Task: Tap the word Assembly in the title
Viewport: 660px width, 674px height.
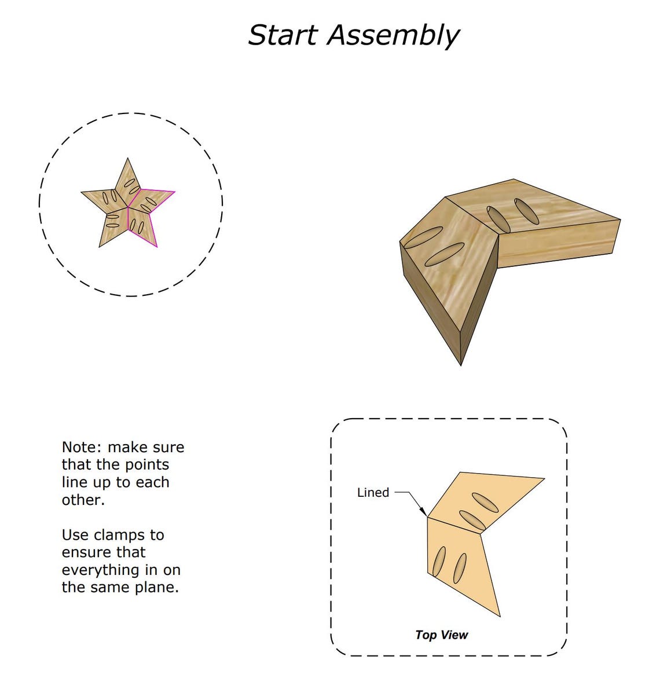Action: pyautogui.click(x=393, y=36)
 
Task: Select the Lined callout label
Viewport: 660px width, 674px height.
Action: pyautogui.click(x=373, y=492)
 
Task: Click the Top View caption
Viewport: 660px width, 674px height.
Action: pyautogui.click(x=441, y=635)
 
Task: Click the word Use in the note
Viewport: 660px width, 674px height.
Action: pyautogui.click(x=75, y=534)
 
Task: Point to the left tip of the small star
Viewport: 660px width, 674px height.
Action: pyautogui.click(x=82, y=192)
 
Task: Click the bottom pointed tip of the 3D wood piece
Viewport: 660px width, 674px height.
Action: pyautogui.click(x=461, y=364)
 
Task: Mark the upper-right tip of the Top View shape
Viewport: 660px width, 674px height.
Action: pyautogui.click(x=544, y=478)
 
